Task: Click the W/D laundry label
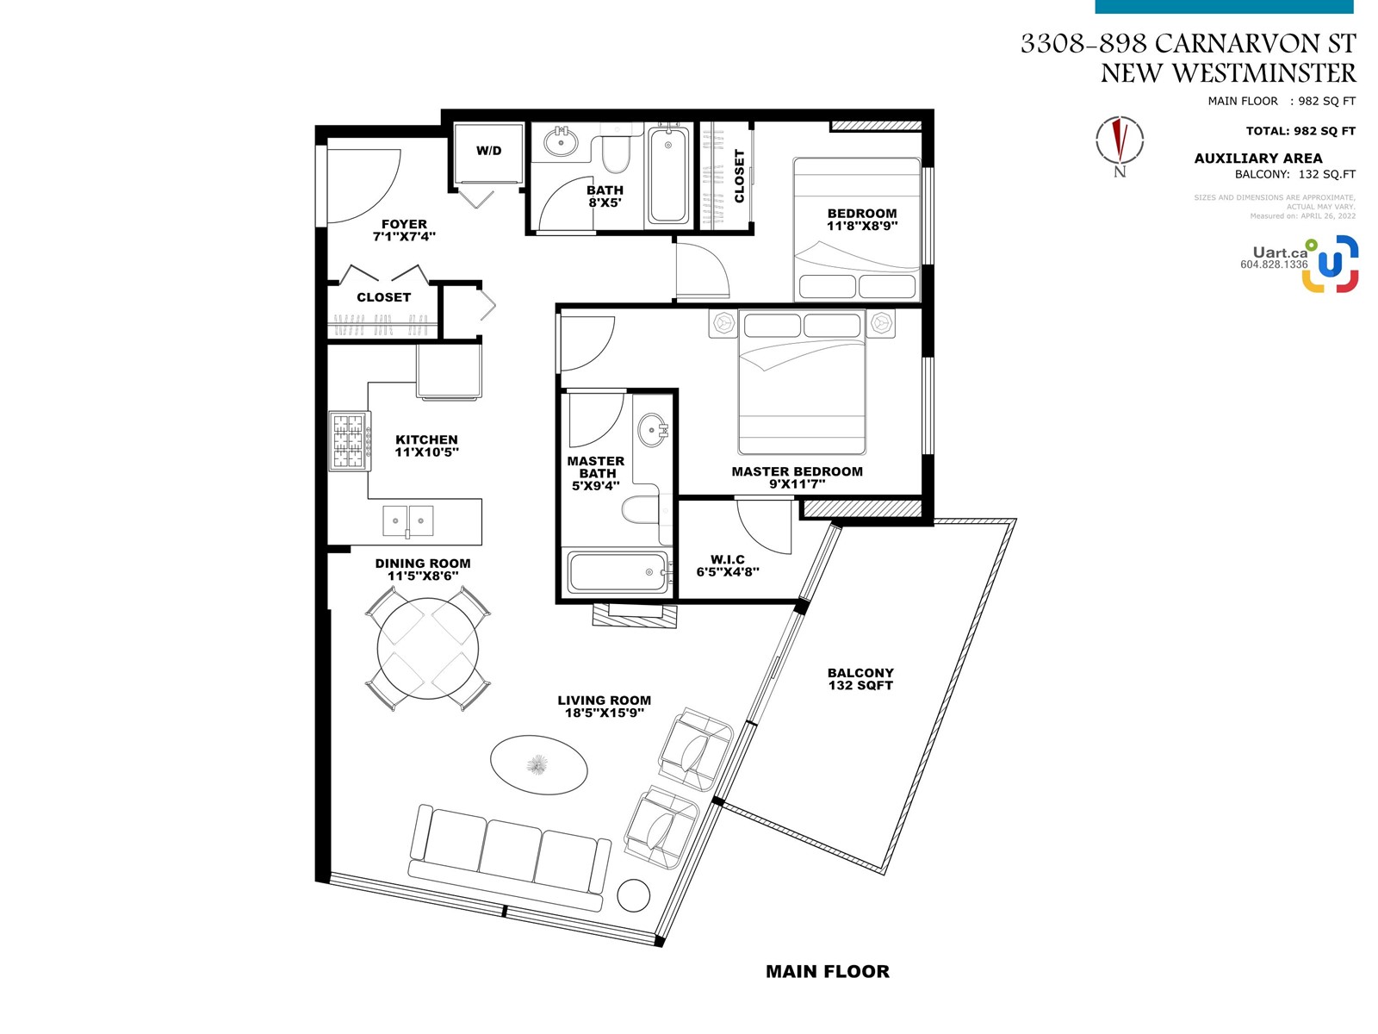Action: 488,151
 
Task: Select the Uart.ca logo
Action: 1300,265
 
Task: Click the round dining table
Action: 427,649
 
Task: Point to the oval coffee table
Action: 538,764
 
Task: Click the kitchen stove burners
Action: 350,440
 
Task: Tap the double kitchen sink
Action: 407,521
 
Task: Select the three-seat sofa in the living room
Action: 509,857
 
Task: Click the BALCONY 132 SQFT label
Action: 860,679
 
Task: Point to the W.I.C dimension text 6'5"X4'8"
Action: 728,572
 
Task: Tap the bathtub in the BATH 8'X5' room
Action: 668,175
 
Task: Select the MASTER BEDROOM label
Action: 797,471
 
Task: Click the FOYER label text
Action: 404,224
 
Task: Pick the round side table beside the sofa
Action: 633,895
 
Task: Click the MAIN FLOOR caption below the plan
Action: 828,971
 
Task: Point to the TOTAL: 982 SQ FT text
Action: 1300,131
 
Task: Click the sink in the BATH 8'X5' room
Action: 560,141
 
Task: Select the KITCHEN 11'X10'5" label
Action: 427,445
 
